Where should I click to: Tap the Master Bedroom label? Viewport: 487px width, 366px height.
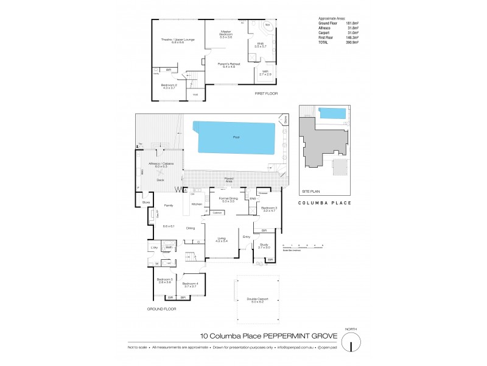click(226, 34)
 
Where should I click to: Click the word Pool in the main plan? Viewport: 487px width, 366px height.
click(236, 137)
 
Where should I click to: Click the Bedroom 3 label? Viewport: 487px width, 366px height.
click(268, 208)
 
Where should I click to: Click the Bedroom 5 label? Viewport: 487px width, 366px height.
click(164, 279)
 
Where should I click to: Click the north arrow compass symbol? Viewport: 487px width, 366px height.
click(351, 343)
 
